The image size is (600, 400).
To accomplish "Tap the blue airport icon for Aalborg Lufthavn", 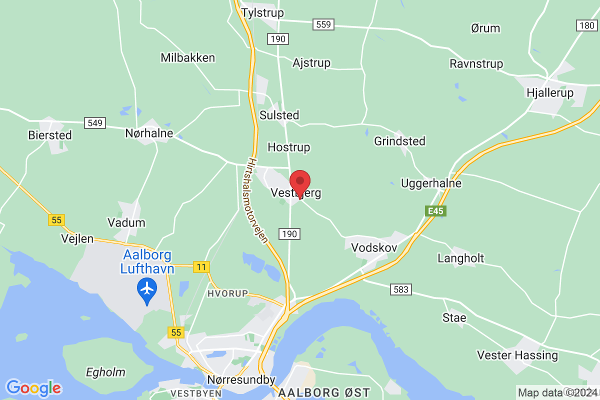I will click(x=147, y=289).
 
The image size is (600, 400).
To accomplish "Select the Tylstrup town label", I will click(x=262, y=12).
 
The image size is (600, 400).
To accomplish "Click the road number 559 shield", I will click(x=323, y=23).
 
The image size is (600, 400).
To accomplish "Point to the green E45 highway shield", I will click(x=435, y=211).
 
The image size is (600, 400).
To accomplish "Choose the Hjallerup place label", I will click(x=549, y=92).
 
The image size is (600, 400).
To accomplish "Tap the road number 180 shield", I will click(x=585, y=25).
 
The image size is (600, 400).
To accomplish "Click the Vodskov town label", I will click(x=374, y=247).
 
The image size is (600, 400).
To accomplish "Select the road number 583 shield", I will click(x=401, y=289).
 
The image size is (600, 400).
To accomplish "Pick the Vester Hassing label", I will click(x=517, y=355).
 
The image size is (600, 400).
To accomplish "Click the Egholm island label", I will click(x=105, y=372).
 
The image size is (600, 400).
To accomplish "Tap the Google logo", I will click(x=33, y=388).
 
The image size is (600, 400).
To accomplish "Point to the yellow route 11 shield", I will click(x=201, y=267).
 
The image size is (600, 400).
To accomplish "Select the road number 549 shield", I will click(x=95, y=122).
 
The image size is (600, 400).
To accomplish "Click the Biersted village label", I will click(x=50, y=135).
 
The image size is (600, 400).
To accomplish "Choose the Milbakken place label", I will click(x=187, y=57).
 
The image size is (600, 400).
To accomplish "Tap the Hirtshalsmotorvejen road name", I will click(x=259, y=200).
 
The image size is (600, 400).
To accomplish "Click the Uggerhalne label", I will click(x=431, y=183).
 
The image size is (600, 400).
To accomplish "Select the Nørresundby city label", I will click(x=241, y=380).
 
